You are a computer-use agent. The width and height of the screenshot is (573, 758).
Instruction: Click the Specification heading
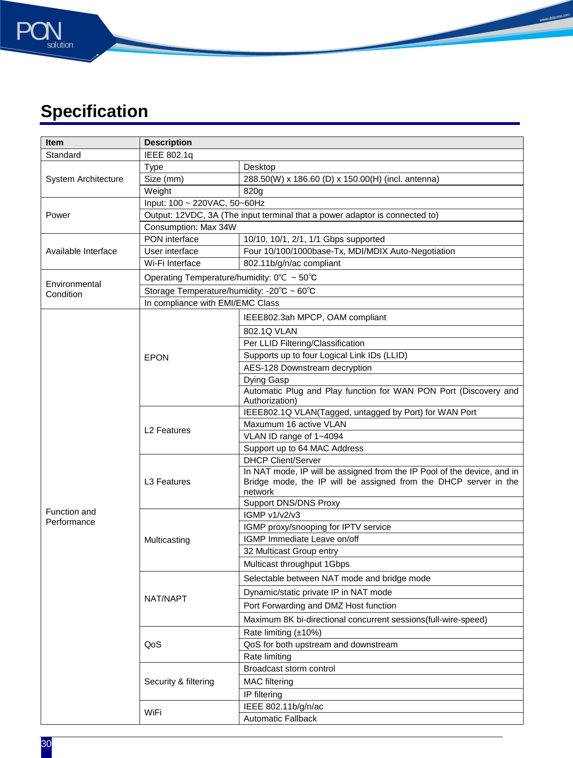(x=94, y=112)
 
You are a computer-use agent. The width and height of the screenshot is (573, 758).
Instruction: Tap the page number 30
(x=46, y=744)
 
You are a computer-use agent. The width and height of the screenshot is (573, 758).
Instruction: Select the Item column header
(x=55, y=143)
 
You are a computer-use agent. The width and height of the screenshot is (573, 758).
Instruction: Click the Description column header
(x=168, y=143)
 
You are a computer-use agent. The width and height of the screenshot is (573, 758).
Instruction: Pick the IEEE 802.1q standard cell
(x=169, y=155)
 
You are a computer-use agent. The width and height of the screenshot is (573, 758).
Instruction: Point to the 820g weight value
(x=253, y=191)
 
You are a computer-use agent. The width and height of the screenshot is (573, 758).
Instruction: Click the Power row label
(x=58, y=215)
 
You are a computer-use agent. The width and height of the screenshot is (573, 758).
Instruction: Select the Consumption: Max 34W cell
(x=190, y=227)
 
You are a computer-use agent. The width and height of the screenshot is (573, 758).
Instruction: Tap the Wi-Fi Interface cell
(x=172, y=263)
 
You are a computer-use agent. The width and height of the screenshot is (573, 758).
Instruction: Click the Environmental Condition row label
(x=73, y=289)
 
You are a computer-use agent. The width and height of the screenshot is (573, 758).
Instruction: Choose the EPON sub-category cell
(x=157, y=358)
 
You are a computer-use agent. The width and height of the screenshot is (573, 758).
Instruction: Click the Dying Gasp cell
(x=266, y=380)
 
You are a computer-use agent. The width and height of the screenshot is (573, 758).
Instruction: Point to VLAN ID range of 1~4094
(x=293, y=436)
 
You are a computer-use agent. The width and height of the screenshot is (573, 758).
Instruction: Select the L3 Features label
(x=167, y=482)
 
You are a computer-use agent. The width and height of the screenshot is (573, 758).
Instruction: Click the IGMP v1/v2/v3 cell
(x=272, y=515)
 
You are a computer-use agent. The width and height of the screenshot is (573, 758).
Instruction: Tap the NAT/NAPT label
(x=165, y=599)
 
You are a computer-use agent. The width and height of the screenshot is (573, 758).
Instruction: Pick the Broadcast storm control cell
(x=289, y=669)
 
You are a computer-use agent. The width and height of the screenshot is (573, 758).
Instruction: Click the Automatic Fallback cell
(x=280, y=719)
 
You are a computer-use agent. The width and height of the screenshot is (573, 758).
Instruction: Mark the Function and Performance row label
(x=71, y=517)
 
